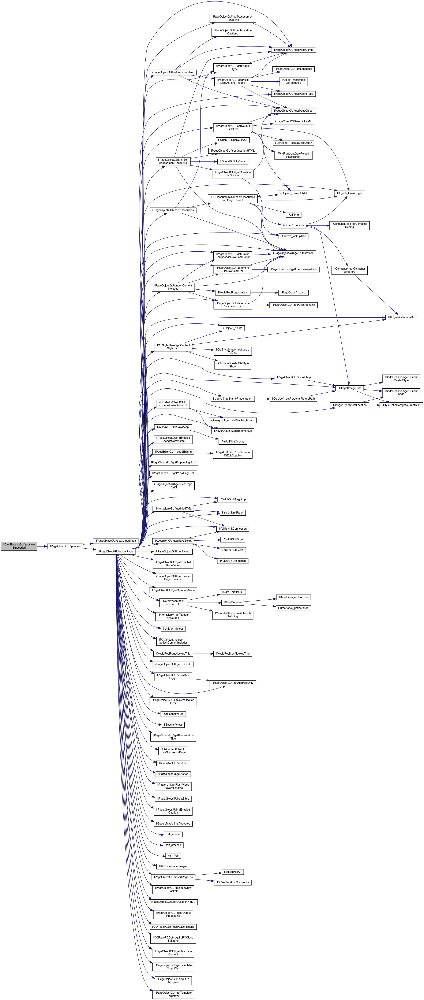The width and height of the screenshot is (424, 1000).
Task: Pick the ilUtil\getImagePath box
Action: click(349, 388)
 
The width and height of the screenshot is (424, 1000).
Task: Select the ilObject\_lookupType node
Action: click(349, 193)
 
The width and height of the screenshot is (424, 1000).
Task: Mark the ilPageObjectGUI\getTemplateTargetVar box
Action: click(173, 994)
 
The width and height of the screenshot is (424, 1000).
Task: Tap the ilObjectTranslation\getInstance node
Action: click(293, 81)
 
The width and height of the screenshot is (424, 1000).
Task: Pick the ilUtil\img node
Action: click(293, 215)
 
